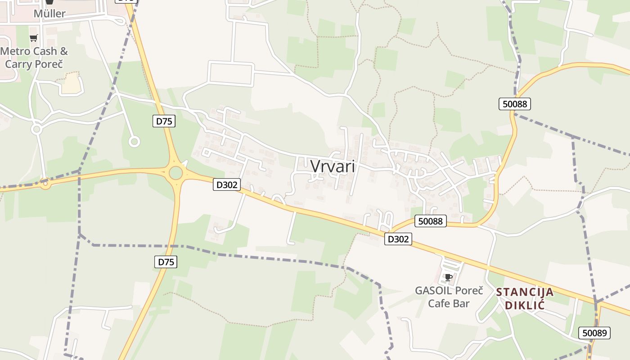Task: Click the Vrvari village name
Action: pos(333,166)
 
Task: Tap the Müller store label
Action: pos(49,13)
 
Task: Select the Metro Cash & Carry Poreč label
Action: pos(34,58)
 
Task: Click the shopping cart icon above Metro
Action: pos(33,38)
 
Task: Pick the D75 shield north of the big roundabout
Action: pos(164,121)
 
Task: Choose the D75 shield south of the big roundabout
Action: pos(166,262)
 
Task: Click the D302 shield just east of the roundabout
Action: pos(226,184)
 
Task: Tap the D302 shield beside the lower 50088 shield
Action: pos(398,239)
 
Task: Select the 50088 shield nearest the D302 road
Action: pos(431,221)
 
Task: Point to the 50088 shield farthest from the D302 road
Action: pos(515,104)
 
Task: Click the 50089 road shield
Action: pos(594,333)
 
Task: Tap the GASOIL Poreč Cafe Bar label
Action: pos(449,297)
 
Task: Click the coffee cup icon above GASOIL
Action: pos(448,277)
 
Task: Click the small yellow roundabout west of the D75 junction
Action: pos(45,184)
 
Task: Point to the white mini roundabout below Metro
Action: pos(36,130)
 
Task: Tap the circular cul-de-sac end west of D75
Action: pos(134,142)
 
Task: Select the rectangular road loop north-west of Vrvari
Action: pos(230,73)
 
